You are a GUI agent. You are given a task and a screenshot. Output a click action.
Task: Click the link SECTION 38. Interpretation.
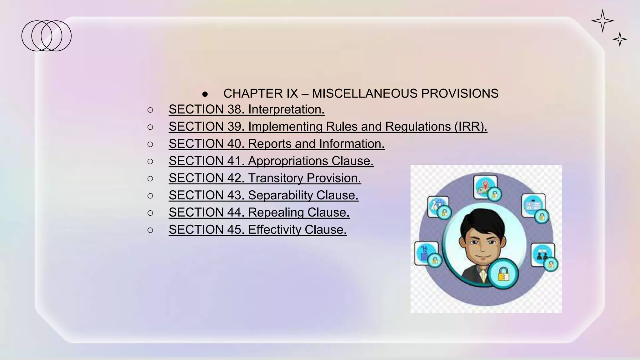click(246, 109)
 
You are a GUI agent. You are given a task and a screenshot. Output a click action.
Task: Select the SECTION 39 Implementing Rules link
click(327, 127)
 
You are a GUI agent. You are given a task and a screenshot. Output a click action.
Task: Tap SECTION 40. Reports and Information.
click(276, 144)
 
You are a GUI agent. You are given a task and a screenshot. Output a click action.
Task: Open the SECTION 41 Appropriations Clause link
click(271, 161)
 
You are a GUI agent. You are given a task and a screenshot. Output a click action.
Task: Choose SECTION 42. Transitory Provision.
click(265, 178)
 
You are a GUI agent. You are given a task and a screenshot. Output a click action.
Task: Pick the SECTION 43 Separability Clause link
click(263, 195)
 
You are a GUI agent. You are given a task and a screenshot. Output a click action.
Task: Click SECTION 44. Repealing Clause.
click(259, 212)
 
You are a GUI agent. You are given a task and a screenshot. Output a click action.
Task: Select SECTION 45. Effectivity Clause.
click(257, 230)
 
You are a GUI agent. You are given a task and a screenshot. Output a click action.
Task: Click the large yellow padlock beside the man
click(503, 274)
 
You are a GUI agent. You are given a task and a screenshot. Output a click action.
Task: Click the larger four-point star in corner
click(602, 21)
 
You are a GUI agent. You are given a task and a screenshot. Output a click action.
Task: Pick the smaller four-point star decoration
click(620, 39)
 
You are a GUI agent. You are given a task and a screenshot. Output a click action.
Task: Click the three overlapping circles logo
click(47, 36)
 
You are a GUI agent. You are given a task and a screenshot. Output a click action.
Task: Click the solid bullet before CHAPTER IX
click(205, 94)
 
